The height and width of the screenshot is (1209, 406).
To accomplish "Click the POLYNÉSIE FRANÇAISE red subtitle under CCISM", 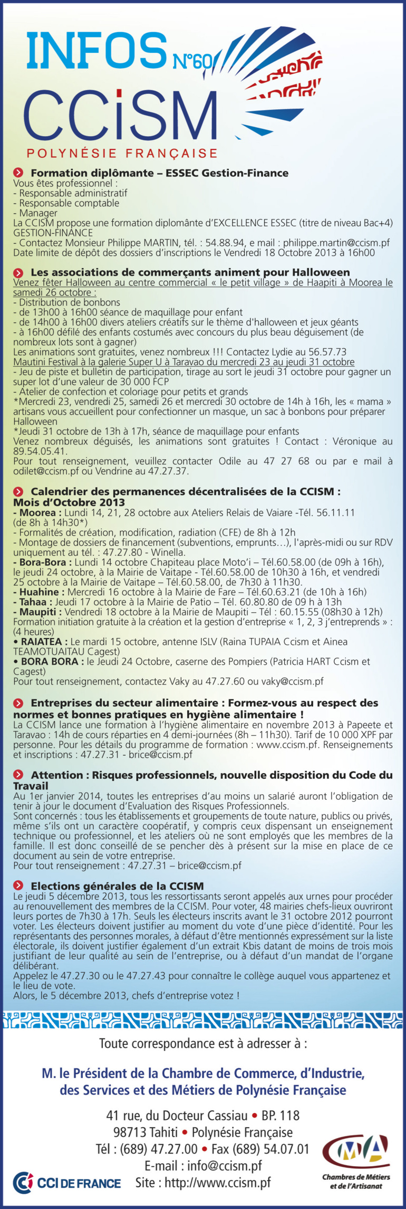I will pos(122,154).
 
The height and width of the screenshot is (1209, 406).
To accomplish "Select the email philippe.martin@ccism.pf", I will pos(336,243).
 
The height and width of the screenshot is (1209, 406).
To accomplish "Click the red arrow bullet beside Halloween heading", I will pos(18,273).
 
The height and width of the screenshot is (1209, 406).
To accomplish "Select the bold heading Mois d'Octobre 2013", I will pos(69,502).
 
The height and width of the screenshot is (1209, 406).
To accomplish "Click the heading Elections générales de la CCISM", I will pos(117,886).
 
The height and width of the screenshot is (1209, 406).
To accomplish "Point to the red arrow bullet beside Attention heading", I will pos(18,775).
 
